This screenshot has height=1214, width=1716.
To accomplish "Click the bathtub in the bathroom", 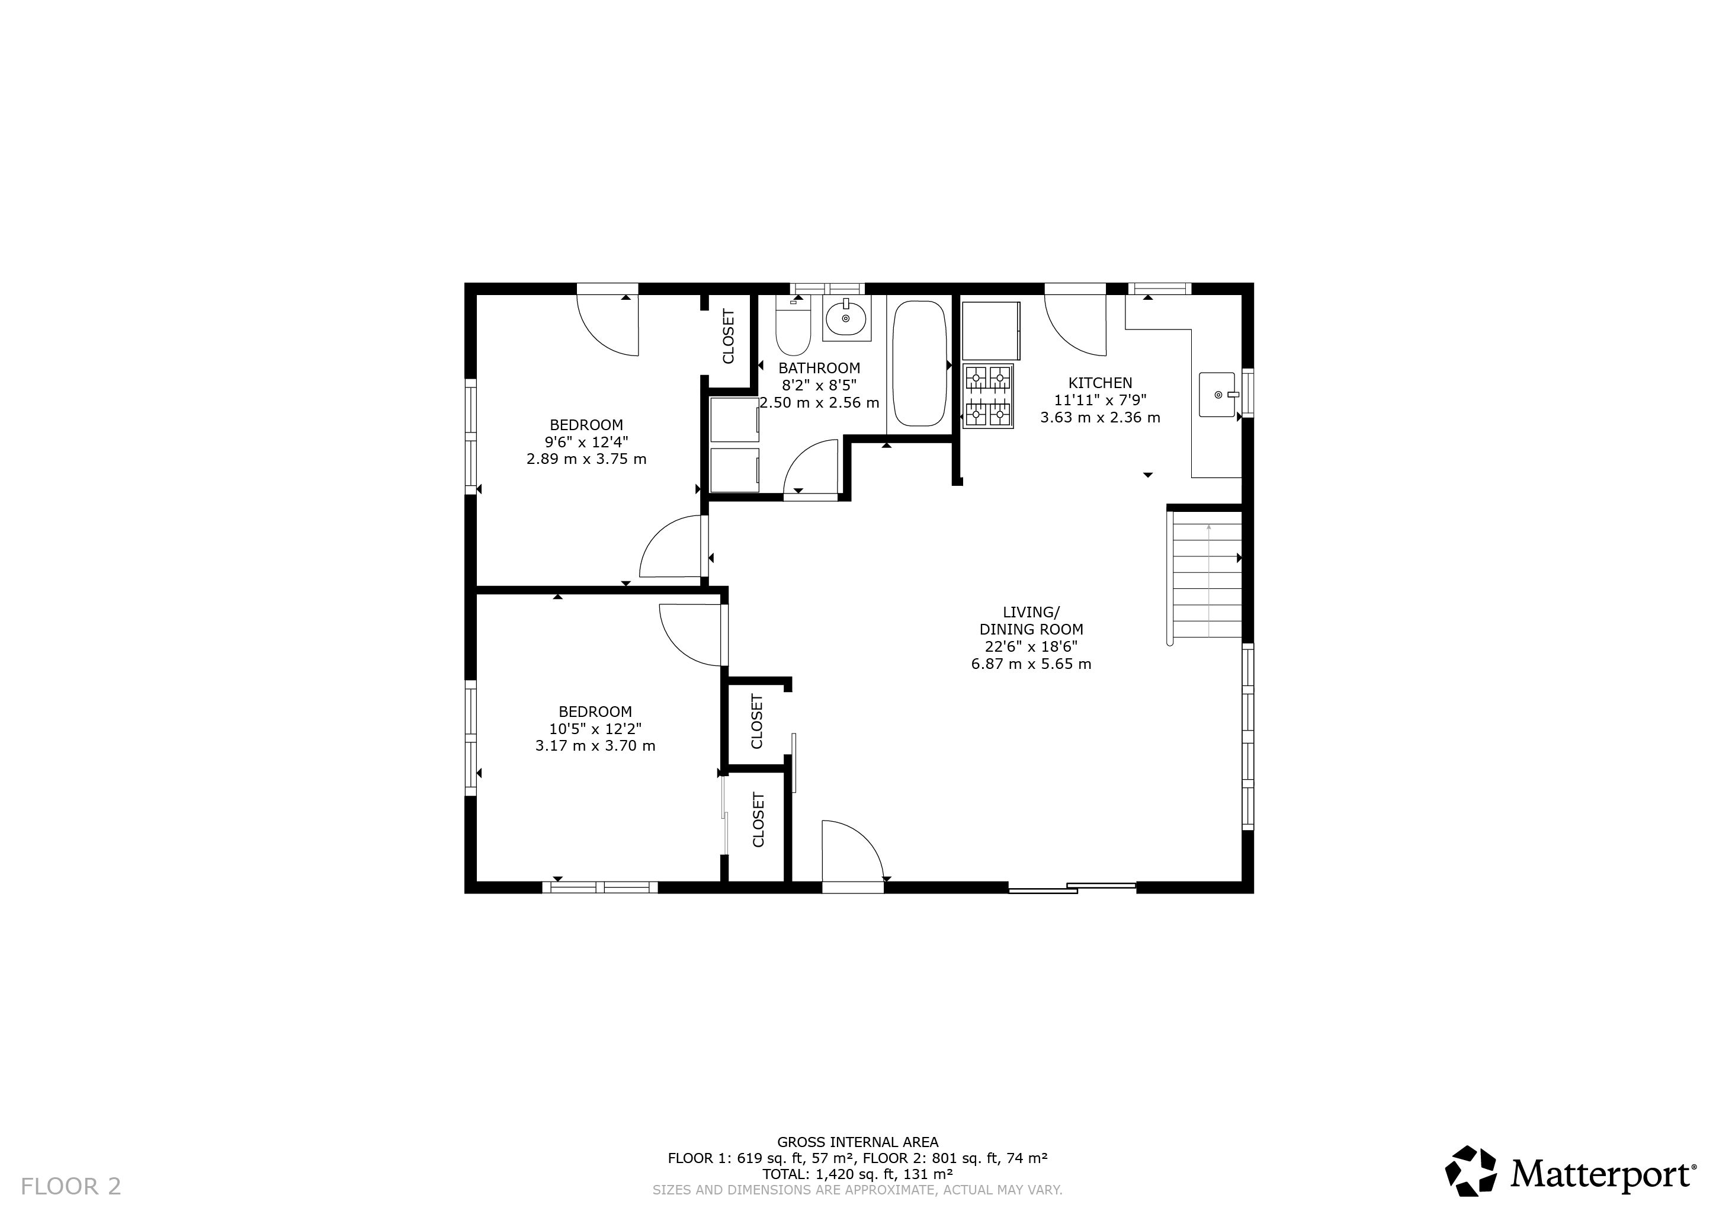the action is [919, 363].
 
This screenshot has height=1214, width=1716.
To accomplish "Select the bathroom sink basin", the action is [846, 318].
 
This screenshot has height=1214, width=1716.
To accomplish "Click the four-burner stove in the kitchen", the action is [988, 396].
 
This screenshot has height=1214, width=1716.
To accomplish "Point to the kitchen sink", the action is [1217, 394].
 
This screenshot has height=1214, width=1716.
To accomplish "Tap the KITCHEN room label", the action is [1100, 383].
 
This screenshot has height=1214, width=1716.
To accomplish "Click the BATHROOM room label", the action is [819, 368].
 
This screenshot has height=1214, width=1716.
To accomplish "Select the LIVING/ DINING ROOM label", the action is [1031, 620].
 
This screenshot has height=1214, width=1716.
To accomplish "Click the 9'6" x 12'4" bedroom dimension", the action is [586, 442].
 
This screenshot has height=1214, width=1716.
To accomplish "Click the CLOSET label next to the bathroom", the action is [729, 337].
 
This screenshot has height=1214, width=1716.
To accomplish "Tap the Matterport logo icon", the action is [1471, 1171].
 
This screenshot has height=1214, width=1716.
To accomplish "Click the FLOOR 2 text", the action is [70, 1186].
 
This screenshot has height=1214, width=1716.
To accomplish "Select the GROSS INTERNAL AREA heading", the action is [857, 1142].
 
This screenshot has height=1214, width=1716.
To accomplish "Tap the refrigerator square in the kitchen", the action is [991, 331].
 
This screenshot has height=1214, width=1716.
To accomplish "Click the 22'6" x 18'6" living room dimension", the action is [1031, 646].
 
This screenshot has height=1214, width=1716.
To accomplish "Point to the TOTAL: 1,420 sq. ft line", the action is [857, 1174].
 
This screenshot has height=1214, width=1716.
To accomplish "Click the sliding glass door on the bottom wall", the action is [1072, 888].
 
